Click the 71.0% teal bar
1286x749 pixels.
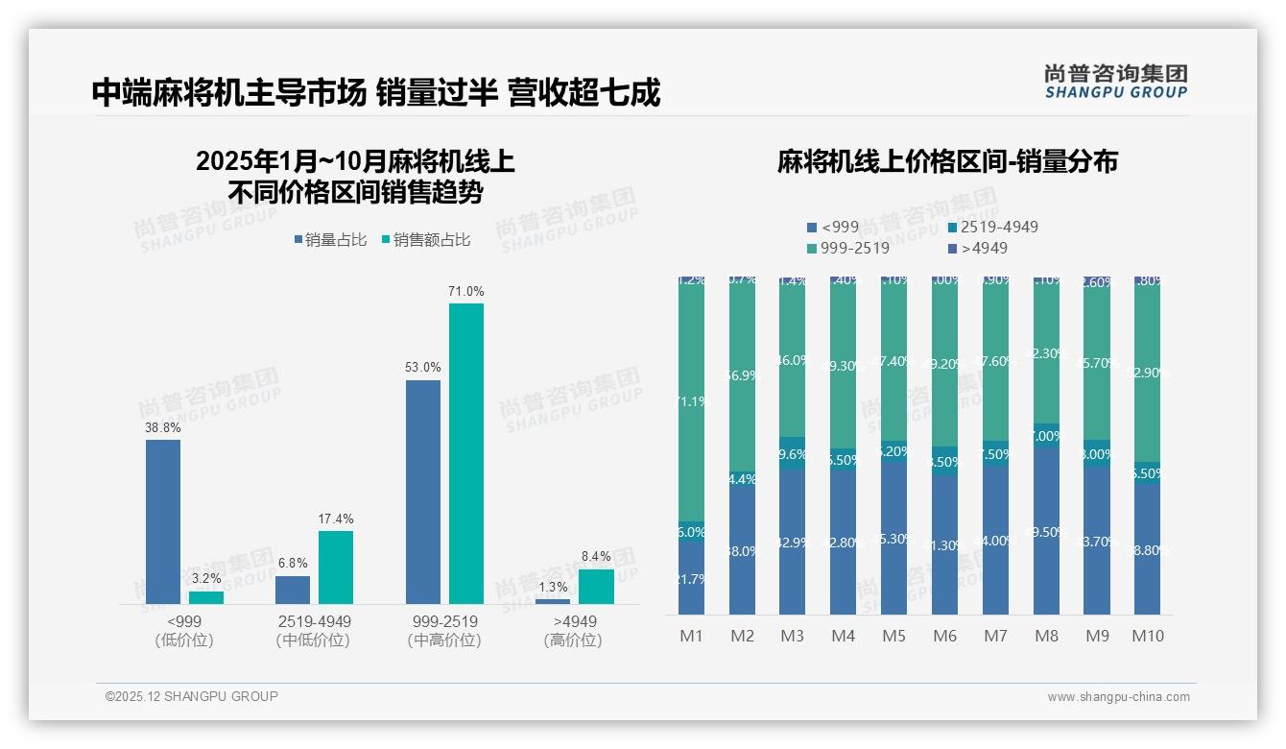click(466, 453)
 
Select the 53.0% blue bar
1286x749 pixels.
click(423, 492)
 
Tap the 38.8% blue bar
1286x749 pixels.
click(163, 521)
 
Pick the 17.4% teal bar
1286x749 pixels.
click(336, 567)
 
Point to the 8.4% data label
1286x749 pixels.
click(596, 556)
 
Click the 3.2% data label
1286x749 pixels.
click(206, 578)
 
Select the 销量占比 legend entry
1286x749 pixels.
click(330, 240)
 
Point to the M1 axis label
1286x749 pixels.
click(692, 636)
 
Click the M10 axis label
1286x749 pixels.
click(1147, 636)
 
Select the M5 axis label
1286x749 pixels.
click(894, 636)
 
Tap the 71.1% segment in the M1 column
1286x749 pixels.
click(692, 401)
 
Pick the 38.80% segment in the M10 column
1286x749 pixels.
click(1147, 550)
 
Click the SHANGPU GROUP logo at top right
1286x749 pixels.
click(1116, 82)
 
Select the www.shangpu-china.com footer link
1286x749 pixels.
click(1118, 697)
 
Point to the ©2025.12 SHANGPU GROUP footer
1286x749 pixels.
click(192, 696)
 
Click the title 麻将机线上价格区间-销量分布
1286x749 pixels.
click(947, 162)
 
